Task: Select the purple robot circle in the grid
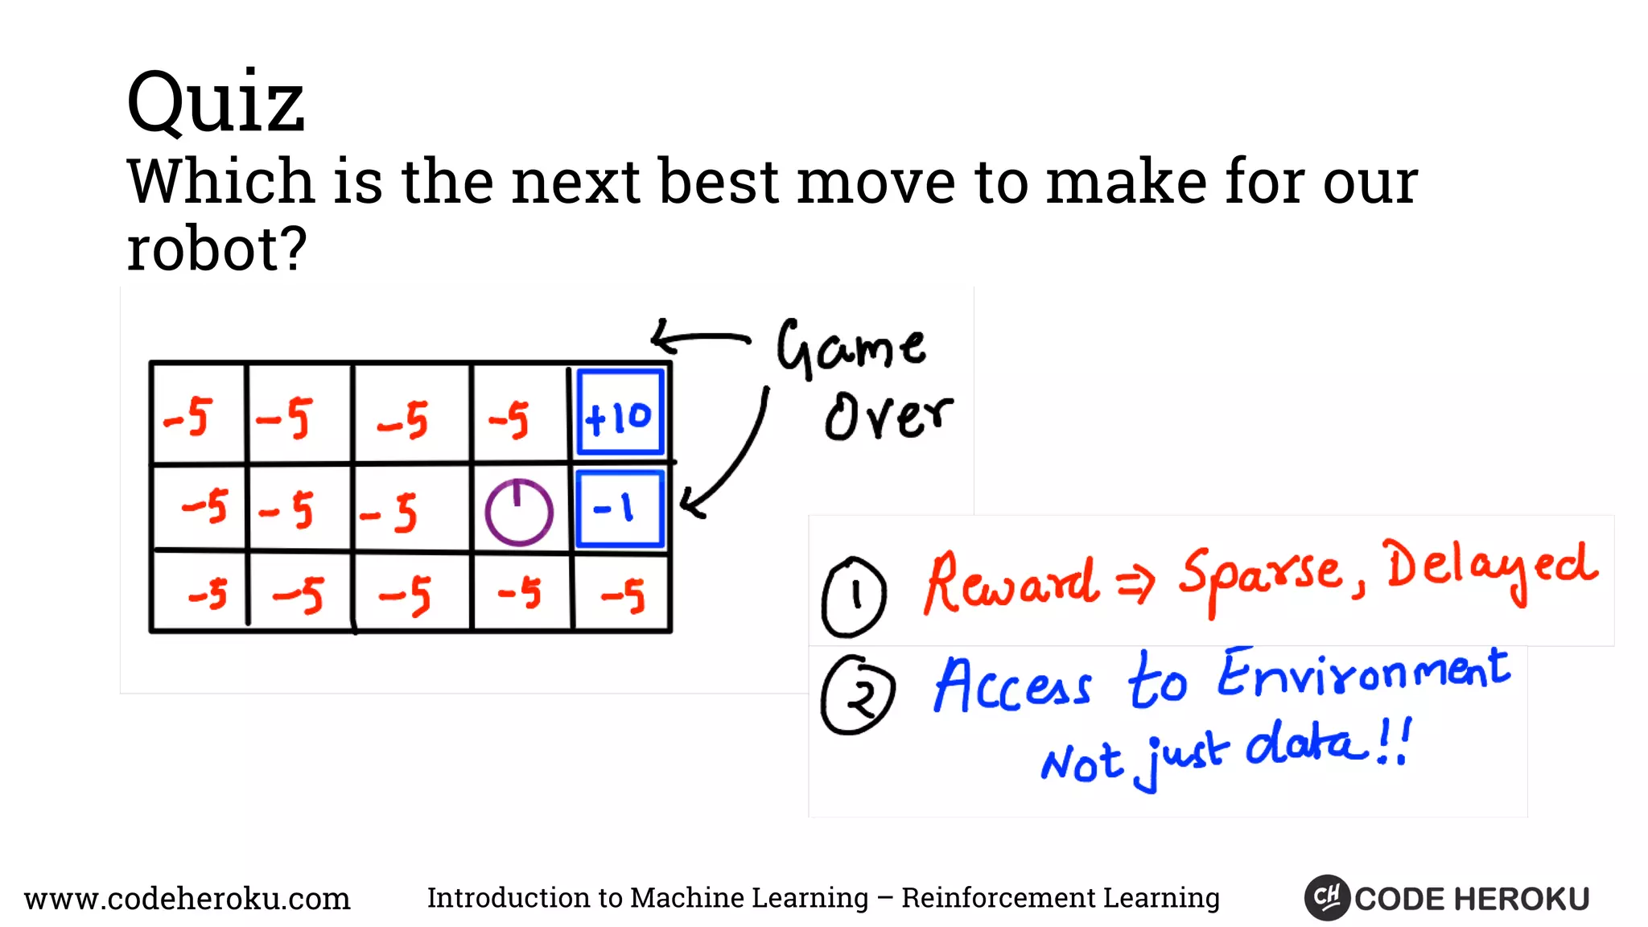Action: (x=519, y=513)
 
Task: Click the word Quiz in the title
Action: (x=216, y=102)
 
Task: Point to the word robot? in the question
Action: (x=216, y=249)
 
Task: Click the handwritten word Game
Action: (x=851, y=348)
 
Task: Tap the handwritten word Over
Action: (x=888, y=416)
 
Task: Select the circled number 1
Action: (x=854, y=596)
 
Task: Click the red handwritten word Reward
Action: (x=1011, y=583)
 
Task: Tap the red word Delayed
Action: (x=1490, y=567)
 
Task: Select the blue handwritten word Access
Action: (x=1012, y=686)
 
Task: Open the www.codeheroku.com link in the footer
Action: (x=187, y=898)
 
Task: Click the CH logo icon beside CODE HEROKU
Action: (x=1326, y=897)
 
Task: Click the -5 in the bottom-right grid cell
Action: (x=623, y=596)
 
